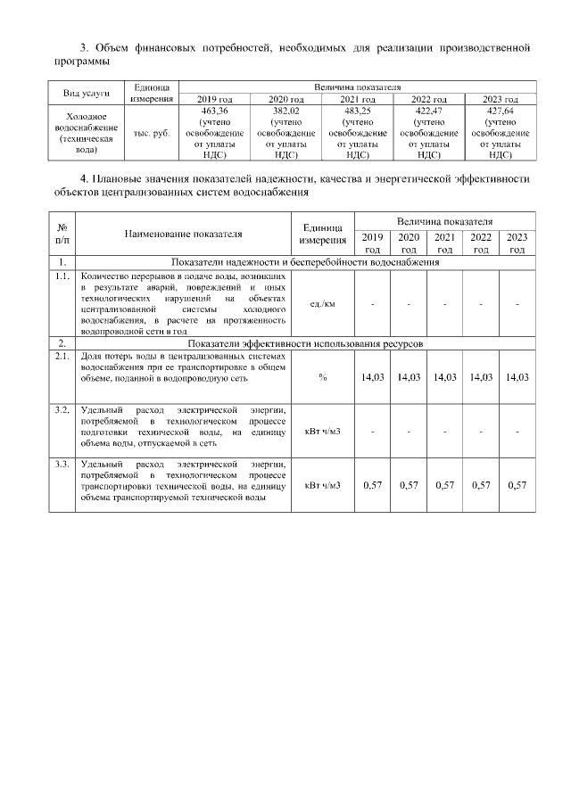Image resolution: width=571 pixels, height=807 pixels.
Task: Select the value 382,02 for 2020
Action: [287, 110]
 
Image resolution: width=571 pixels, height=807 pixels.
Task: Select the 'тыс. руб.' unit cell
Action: [152, 132]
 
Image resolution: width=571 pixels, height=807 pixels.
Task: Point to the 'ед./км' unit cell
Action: [322, 304]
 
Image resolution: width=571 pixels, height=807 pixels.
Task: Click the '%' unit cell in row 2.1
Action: [322, 377]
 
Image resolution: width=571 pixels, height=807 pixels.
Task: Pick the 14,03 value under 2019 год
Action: [373, 377]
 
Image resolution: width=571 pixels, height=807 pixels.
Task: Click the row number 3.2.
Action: [62, 410]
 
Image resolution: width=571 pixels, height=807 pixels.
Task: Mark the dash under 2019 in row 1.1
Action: [373, 304]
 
